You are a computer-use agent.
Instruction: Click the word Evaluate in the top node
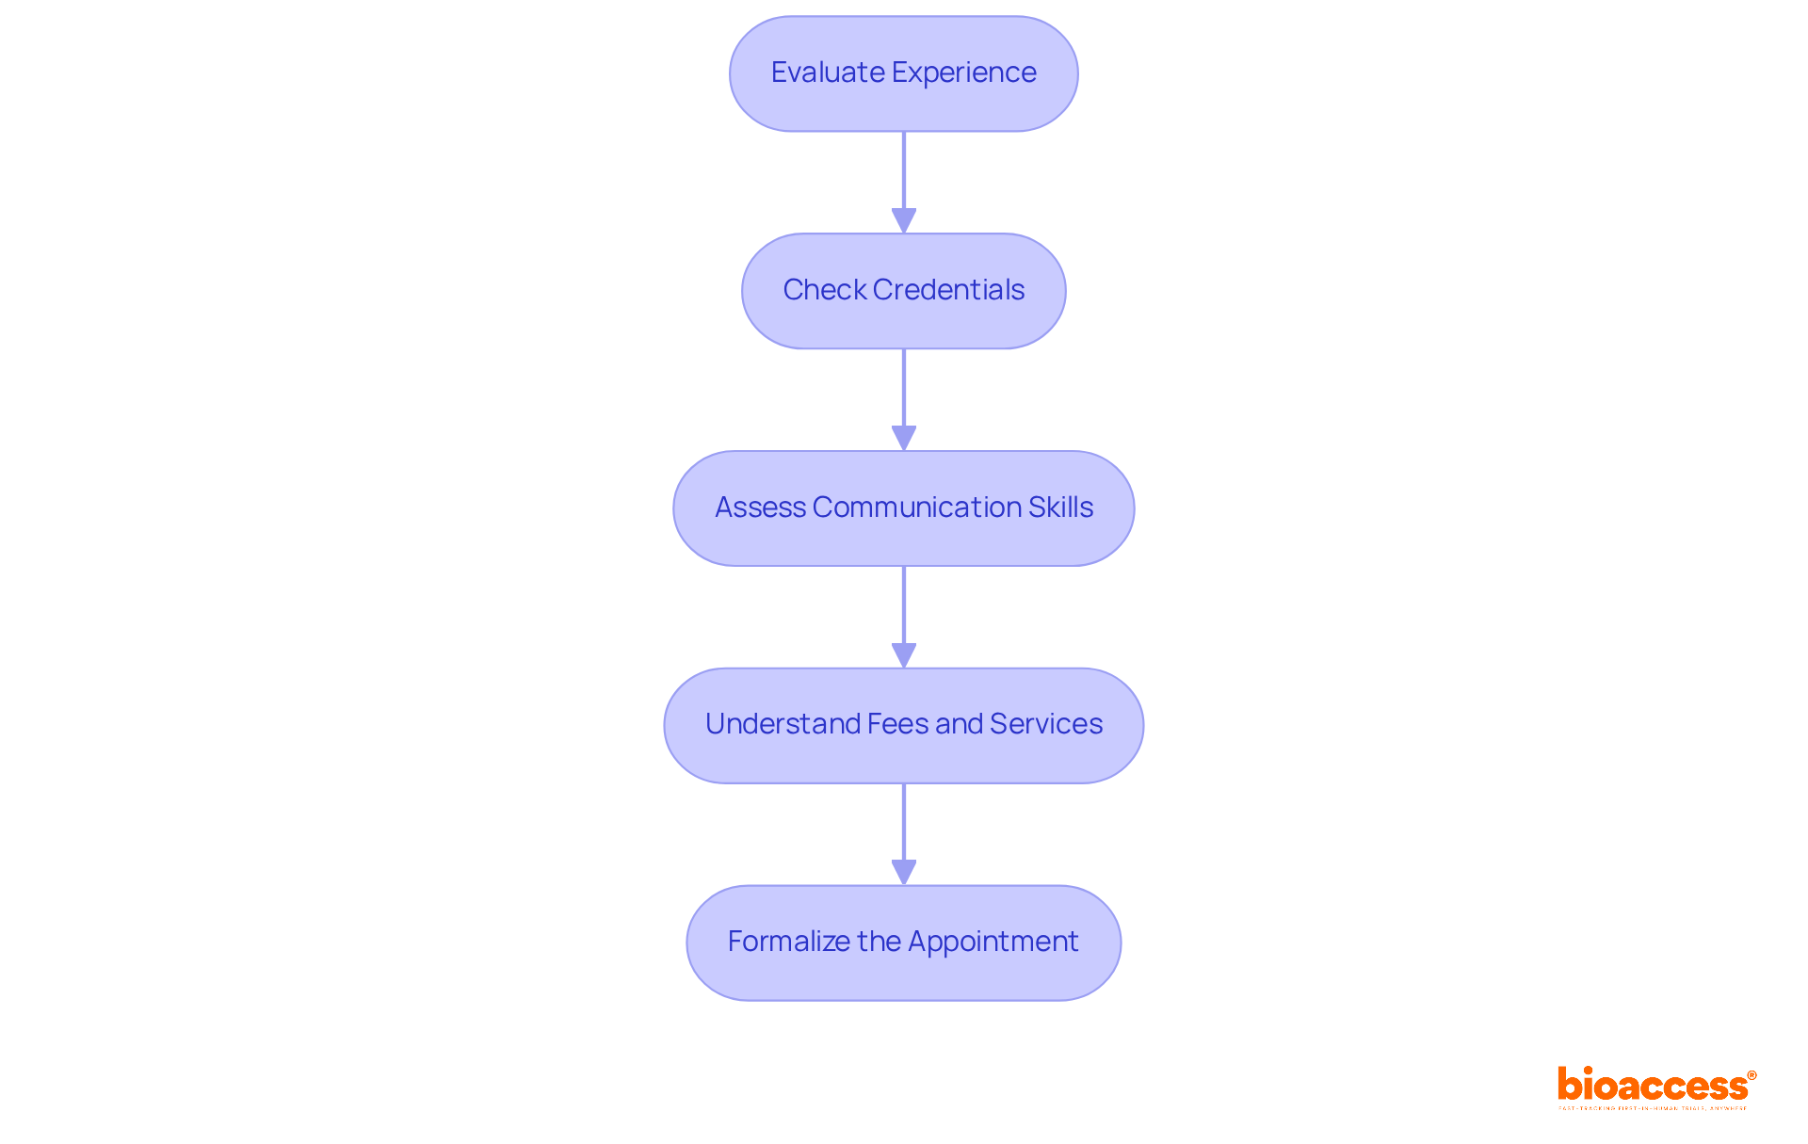(x=827, y=73)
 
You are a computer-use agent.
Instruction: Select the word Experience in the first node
(x=963, y=73)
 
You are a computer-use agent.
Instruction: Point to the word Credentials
(x=948, y=290)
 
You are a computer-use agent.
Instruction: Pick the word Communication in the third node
(x=917, y=508)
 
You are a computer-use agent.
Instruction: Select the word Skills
(x=1060, y=508)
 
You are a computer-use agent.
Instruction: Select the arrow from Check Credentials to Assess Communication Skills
(x=904, y=399)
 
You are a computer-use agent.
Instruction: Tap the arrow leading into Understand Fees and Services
(x=904, y=617)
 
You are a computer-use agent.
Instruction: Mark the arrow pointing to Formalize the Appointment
(x=904, y=834)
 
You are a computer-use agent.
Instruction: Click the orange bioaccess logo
(x=1652, y=1086)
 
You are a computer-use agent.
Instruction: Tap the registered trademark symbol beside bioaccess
(x=1751, y=1075)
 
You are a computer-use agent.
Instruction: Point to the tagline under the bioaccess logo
(x=1652, y=1109)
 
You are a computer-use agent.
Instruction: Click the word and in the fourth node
(x=959, y=724)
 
